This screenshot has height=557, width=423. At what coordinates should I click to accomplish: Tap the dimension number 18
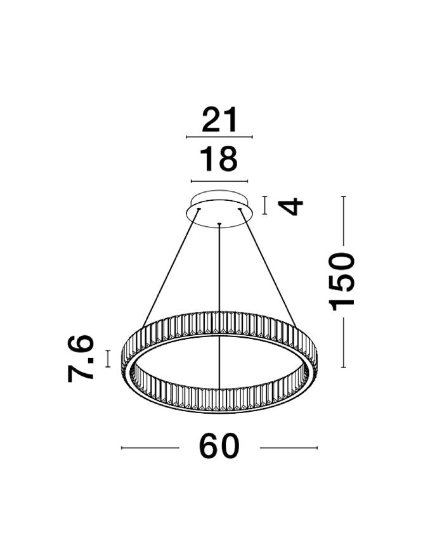(x=219, y=159)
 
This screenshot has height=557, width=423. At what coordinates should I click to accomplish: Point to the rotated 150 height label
(x=342, y=281)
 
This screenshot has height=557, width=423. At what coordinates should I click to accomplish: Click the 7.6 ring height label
(x=81, y=358)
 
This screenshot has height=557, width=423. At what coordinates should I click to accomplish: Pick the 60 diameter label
(x=219, y=447)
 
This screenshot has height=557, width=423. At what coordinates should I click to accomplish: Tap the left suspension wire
(x=171, y=266)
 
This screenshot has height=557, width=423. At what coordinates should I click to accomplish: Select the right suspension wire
(x=268, y=266)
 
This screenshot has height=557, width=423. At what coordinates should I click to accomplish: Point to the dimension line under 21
(x=219, y=137)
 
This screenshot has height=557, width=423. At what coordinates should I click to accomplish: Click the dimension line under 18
(x=219, y=181)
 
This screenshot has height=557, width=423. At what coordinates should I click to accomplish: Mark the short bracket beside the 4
(x=264, y=205)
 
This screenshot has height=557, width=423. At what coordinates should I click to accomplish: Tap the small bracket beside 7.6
(x=108, y=358)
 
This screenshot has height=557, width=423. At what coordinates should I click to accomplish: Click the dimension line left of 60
(x=150, y=448)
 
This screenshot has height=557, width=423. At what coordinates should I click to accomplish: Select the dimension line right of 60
(x=289, y=448)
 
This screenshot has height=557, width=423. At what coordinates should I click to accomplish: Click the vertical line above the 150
(x=343, y=219)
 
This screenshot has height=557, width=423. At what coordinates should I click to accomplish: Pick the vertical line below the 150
(x=343, y=342)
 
